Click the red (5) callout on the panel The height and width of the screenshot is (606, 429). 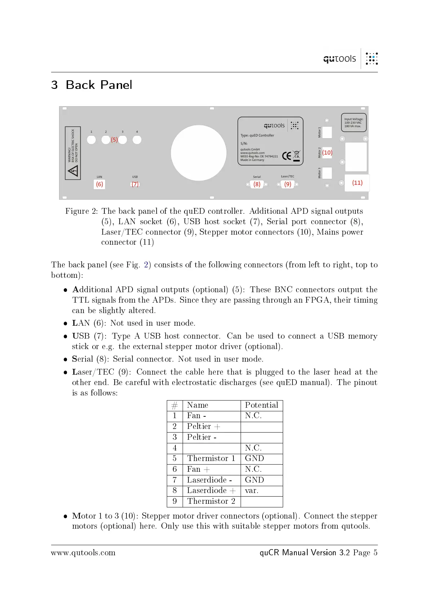(x=114, y=140)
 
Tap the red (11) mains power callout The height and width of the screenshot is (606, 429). (x=357, y=183)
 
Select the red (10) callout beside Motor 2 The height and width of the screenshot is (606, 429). (x=327, y=153)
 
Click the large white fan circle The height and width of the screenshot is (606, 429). (x=198, y=153)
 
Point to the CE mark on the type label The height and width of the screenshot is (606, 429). (x=286, y=156)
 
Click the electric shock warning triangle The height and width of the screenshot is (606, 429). (x=73, y=170)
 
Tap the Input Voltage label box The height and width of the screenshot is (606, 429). (x=353, y=123)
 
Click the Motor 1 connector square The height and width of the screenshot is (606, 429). (x=327, y=132)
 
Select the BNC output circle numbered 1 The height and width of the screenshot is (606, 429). (x=91, y=140)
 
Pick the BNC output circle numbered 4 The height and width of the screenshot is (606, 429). (x=137, y=140)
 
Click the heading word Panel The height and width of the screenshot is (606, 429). (x=116, y=85)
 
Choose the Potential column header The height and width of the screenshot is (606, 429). (x=262, y=405)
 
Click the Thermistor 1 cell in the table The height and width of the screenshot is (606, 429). (x=211, y=458)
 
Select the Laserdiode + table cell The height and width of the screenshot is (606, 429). (x=211, y=490)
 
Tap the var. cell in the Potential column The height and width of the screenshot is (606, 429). (x=252, y=490)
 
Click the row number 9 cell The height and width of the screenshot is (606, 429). (x=175, y=501)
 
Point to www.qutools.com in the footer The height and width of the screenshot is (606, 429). (x=83, y=553)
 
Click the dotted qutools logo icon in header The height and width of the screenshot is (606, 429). (x=371, y=59)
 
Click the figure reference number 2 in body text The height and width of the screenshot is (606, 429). (x=146, y=265)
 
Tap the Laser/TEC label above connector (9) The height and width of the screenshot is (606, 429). (x=287, y=176)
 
